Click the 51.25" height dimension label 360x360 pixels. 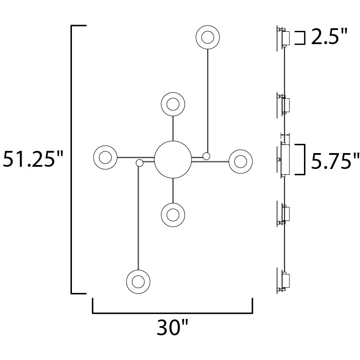point(33,160)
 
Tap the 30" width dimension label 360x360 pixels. point(172,328)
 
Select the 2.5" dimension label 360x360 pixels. point(329,38)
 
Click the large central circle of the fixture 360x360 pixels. point(173,159)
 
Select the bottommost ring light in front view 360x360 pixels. point(138,281)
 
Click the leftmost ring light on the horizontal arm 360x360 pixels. point(105,157)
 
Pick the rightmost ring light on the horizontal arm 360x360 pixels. point(240,161)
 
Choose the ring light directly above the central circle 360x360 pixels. point(173,105)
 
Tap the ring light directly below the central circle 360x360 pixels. point(173,214)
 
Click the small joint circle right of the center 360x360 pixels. point(206,156)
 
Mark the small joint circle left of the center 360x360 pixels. point(140,163)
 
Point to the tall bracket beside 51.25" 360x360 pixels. point(72,160)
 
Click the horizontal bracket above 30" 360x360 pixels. point(172,312)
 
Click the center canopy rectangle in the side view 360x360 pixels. point(285,159)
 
